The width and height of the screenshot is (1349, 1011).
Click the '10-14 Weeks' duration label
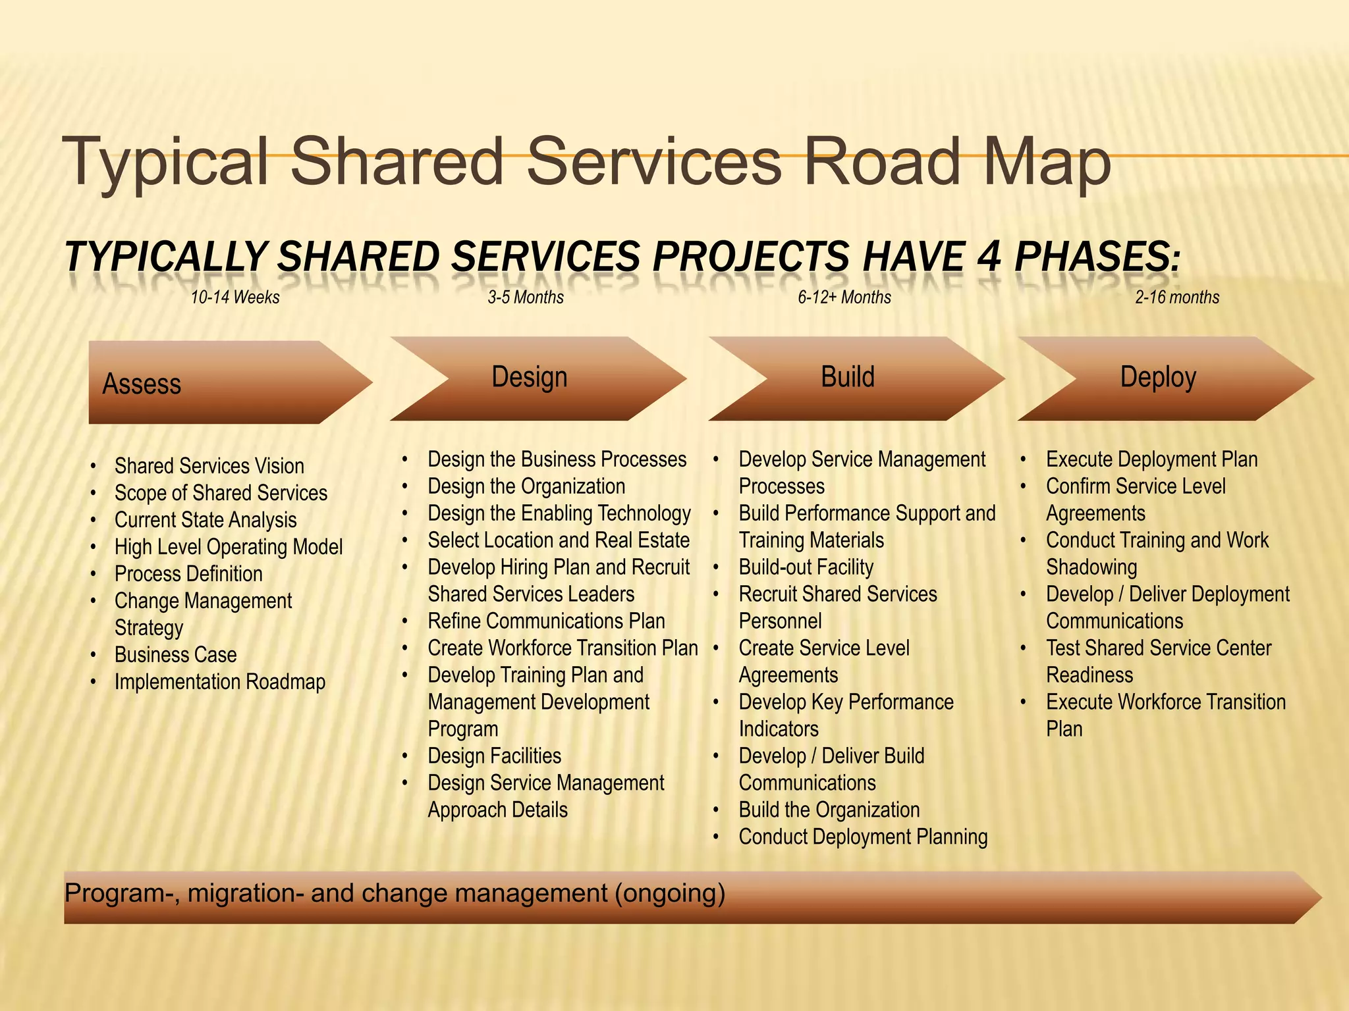click(x=235, y=298)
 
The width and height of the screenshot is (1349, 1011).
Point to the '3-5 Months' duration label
click(x=526, y=298)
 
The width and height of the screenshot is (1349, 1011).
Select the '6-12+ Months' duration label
click(x=844, y=298)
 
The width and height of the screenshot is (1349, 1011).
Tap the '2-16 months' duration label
click(x=1177, y=298)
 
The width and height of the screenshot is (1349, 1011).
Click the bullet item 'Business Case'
click(x=175, y=655)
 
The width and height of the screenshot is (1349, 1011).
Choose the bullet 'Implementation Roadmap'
click(x=220, y=682)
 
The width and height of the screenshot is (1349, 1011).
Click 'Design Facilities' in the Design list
click(x=495, y=756)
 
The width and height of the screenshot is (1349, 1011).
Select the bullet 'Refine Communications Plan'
click(x=546, y=621)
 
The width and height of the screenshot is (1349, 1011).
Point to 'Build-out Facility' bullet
click(x=806, y=567)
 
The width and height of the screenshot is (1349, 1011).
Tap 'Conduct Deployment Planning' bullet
click(x=863, y=837)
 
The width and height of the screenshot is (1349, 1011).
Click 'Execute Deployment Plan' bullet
click(x=1151, y=459)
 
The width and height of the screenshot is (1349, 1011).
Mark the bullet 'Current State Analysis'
click(x=206, y=520)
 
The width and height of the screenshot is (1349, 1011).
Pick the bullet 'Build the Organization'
click(x=829, y=810)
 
